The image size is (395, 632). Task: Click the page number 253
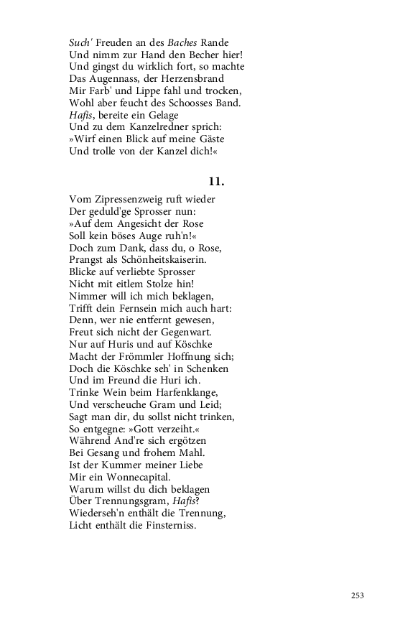[x=358, y=595]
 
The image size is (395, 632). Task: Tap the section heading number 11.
[x=217, y=181]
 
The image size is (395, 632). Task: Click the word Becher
[x=205, y=55]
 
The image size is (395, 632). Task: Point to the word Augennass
[x=113, y=78]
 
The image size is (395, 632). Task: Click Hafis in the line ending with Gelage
[x=81, y=115]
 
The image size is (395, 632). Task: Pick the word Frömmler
[x=147, y=356]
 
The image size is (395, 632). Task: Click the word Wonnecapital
[x=136, y=477]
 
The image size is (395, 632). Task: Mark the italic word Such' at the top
[x=82, y=42]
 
